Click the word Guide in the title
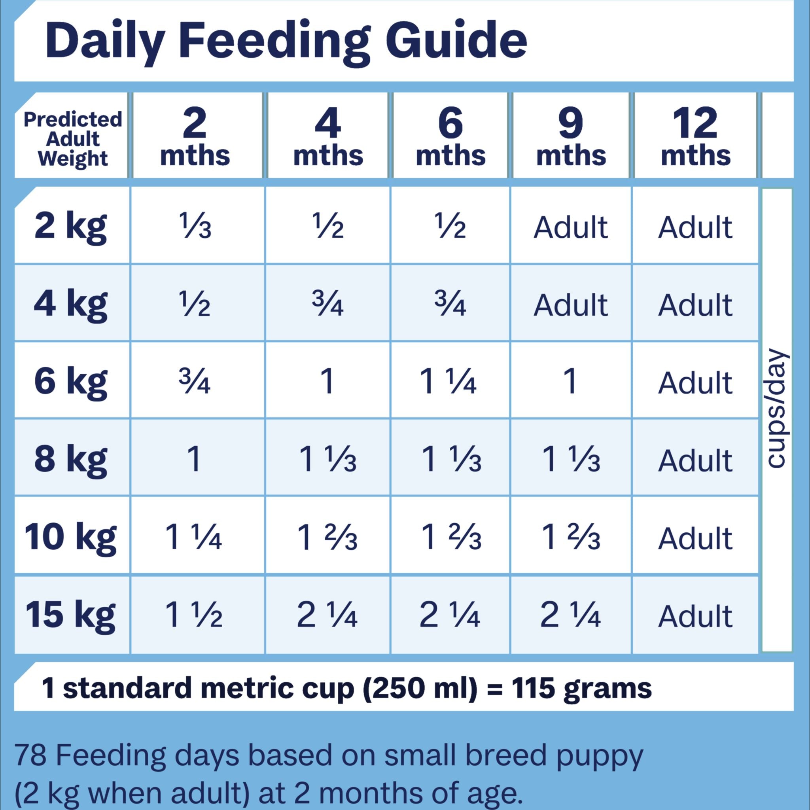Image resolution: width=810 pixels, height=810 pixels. (456, 41)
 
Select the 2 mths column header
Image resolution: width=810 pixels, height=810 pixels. (195, 136)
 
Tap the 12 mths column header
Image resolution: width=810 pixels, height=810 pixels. (696, 136)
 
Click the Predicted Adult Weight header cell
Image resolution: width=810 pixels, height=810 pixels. (72, 139)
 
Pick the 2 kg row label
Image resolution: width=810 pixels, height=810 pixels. (70, 226)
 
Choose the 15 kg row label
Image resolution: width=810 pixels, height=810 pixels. (70, 614)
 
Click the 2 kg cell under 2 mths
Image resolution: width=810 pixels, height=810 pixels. (195, 226)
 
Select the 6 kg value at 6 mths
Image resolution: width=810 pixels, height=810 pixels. (448, 382)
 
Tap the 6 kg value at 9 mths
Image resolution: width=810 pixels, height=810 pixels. (571, 382)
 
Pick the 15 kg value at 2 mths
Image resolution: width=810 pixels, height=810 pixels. (193, 615)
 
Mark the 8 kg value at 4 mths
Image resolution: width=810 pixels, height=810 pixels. (327, 460)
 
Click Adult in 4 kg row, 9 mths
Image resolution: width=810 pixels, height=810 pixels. (571, 305)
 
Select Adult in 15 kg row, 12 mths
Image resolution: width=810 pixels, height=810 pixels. (696, 615)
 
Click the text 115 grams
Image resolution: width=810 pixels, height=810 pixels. (581, 689)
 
